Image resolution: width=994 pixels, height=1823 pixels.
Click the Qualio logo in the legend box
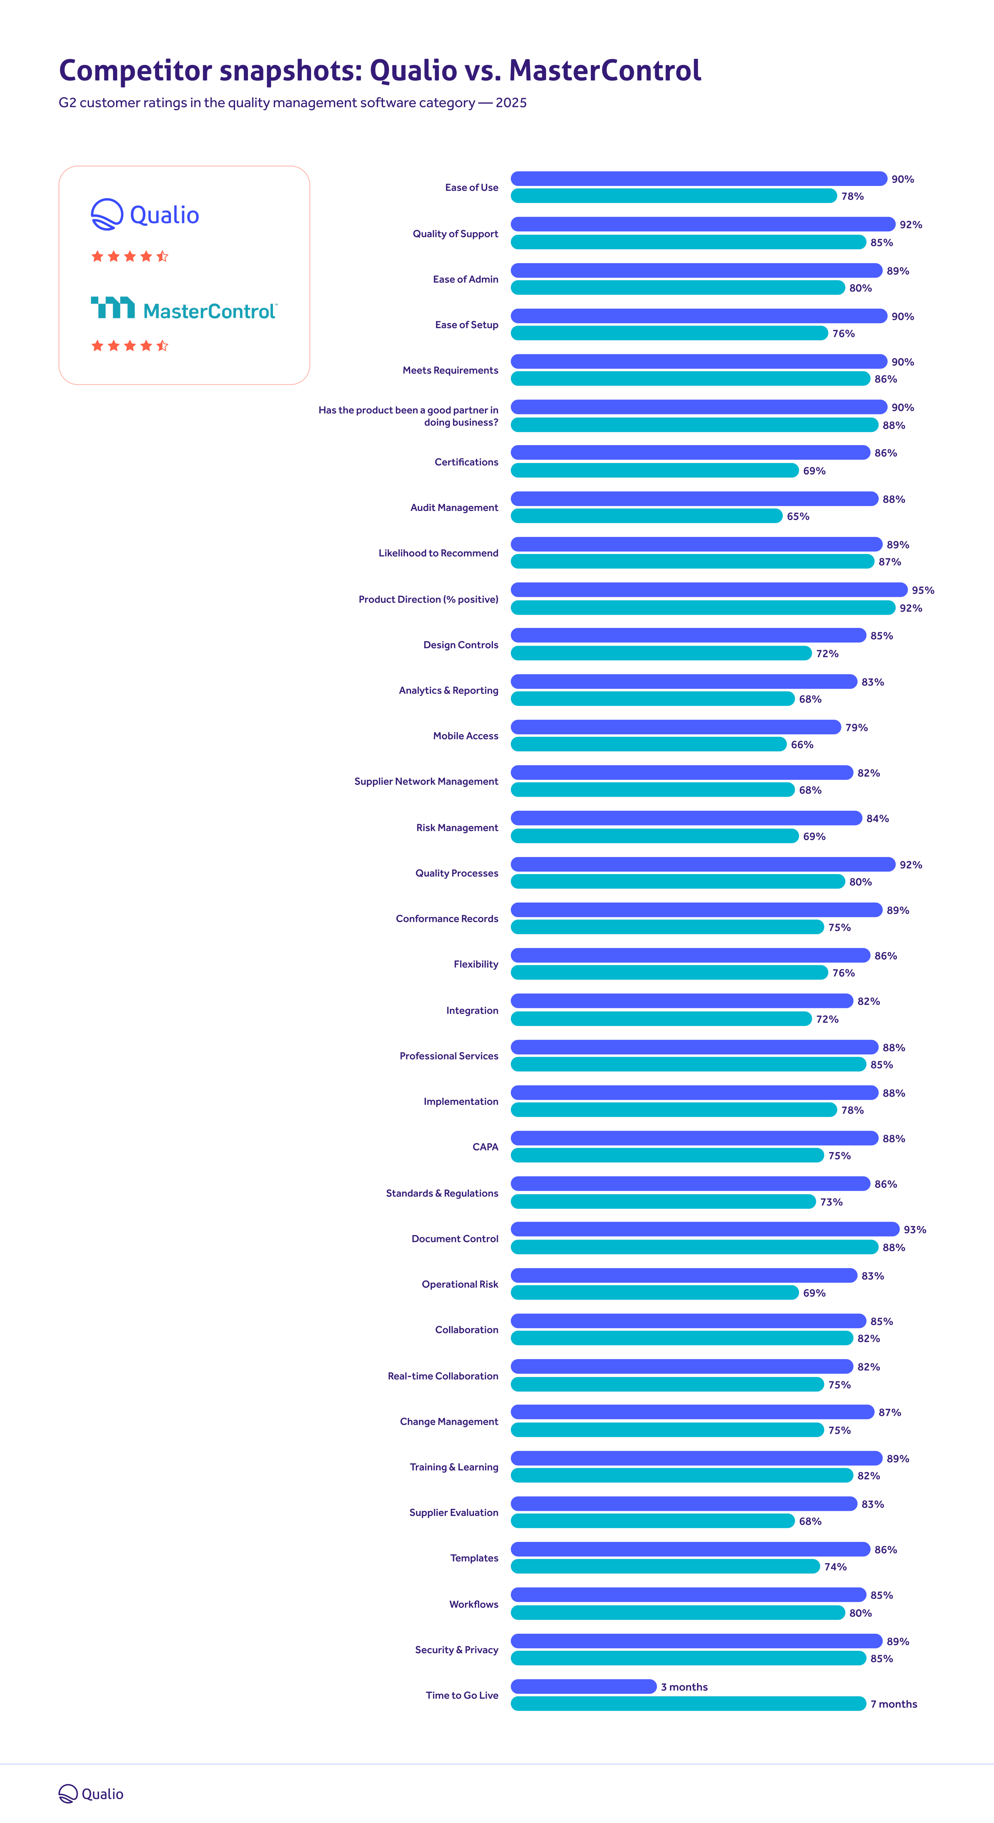click(x=145, y=214)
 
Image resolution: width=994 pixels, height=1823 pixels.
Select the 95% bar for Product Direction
click(x=708, y=589)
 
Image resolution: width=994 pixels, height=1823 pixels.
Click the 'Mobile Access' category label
click(x=466, y=736)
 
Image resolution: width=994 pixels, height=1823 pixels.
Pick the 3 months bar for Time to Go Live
click(x=584, y=1686)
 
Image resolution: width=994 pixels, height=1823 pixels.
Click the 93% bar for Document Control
click(x=705, y=1229)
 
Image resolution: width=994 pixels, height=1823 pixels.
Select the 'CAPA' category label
click(x=485, y=1147)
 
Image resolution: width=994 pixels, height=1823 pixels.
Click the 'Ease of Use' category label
click(x=471, y=188)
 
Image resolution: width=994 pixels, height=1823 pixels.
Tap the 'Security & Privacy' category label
click(x=456, y=1650)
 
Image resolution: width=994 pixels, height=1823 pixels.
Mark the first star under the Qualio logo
click(x=98, y=256)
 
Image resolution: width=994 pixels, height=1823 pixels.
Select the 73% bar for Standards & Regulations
click(x=663, y=1202)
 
